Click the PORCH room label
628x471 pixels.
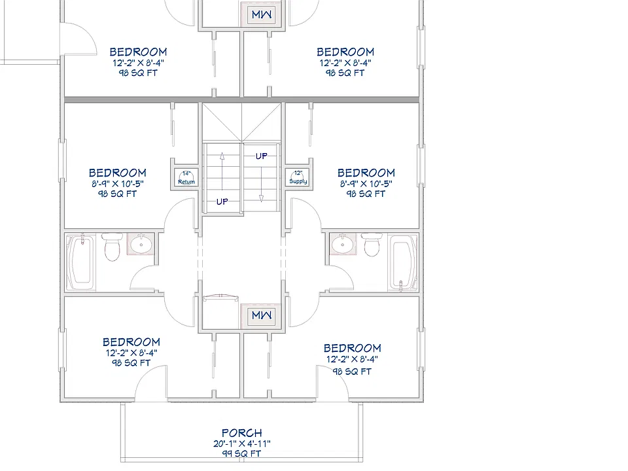pos(242,433)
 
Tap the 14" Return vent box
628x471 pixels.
pos(186,178)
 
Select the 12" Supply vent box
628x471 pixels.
pos(298,177)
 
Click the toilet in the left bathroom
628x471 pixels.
pos(112,247)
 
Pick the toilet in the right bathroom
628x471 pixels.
pos(372,245)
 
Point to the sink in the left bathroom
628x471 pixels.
pos(141,244)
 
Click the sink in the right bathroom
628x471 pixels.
pos(343,243)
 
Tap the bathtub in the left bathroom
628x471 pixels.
pos(81,262)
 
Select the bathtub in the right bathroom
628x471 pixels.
pos(403,262)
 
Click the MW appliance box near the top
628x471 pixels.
pos(262,14)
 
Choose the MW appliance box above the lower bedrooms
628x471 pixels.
pos(262,315)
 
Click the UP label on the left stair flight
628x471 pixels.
pos(222,201)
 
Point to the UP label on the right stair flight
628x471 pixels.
pos(262,156)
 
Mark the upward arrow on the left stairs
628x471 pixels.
pos(222,171)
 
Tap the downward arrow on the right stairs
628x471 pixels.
pos(261,184)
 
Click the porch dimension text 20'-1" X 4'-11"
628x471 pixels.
pos(242,444)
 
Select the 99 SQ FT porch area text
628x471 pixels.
pos(242,453)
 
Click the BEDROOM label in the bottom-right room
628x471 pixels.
pos(353,348)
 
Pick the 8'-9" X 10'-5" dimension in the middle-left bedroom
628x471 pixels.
pos(118,184)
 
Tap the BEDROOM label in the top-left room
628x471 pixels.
pos(138,52)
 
